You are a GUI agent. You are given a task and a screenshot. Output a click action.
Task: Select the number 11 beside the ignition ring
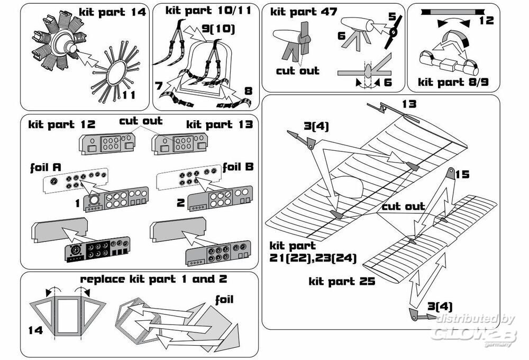coord(129,95)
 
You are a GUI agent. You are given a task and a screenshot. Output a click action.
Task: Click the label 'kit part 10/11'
coord(204,10)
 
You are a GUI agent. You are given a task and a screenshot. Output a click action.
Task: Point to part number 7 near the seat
coord(159,85)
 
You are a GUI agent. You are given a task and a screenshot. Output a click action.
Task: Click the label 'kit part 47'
coord(303,11)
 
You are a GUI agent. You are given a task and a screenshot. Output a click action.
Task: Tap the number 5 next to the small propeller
coord(392,16)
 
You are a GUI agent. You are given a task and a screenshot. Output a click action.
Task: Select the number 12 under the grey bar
coord(486,21)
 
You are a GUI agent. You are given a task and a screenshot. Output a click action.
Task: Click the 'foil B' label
coord(238,167)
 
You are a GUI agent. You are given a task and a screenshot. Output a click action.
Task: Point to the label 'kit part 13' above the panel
coord(220,124)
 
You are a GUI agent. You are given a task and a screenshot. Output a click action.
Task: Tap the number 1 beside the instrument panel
coord(77,203)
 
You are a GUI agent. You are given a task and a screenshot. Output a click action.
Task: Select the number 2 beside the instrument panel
coord(180,203)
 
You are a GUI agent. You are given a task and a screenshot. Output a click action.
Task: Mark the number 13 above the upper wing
coord(409,104)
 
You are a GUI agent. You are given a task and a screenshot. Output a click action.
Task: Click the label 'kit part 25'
coord(342,281)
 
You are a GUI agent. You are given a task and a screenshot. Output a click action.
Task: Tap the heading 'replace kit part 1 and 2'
coord(153,279)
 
